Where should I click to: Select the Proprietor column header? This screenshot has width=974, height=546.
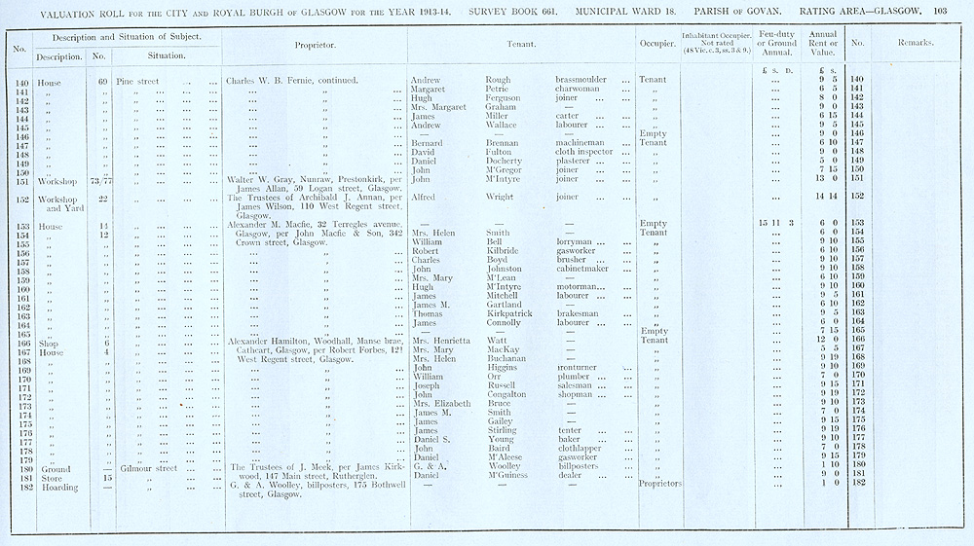pos(316,45)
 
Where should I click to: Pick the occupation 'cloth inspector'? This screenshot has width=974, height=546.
pos(584,152)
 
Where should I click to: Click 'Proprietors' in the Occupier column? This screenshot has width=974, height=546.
pos(658,484)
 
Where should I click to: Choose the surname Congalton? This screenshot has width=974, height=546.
pos(507,394)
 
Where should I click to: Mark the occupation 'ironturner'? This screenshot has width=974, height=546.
pos(581,368)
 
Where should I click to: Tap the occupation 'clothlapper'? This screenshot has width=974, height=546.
pos(582,448)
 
